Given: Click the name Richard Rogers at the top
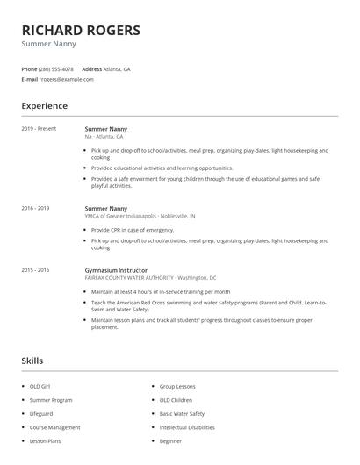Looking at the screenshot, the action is point(81,31).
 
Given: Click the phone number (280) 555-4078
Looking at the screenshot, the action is point(57,68).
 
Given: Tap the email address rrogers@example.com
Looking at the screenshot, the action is point(67,79).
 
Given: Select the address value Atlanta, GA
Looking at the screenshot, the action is point(118,68).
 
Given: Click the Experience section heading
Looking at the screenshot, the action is point(45,106).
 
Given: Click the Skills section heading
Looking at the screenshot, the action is point(32,361).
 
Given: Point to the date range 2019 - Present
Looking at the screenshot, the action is point(39,129).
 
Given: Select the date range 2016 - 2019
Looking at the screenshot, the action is point(36,208).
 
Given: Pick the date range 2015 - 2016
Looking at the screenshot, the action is point(36,270).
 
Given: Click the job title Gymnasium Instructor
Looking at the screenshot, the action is point(116,270).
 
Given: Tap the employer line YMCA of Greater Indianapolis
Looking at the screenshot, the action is point(140,215).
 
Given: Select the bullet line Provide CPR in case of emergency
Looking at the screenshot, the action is point(126,229).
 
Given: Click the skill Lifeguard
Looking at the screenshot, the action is point(41,413).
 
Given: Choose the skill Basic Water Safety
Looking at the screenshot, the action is point(182,413).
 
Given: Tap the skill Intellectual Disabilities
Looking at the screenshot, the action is point(186,427).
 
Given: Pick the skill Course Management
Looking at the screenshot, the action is point(54,427).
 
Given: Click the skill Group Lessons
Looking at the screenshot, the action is point(177,386).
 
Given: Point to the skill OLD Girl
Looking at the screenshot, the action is point(40,386).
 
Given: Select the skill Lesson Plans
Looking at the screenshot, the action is point(45,441).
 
